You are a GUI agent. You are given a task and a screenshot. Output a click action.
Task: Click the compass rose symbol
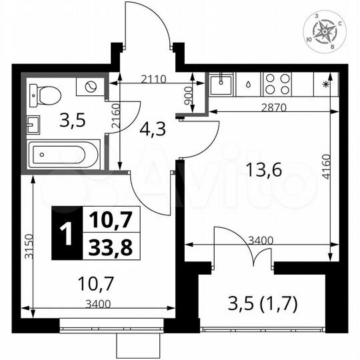(324, 31)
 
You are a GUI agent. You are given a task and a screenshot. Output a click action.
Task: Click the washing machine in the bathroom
(90, 86)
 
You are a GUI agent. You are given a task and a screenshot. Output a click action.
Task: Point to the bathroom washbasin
(33, 123)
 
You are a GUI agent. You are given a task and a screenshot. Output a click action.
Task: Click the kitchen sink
(221, 85)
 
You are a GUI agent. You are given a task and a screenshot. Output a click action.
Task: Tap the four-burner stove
(277, 84)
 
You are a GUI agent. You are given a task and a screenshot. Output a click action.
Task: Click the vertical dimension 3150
(26, 247)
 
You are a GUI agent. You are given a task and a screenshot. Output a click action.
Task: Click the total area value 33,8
(107, 248)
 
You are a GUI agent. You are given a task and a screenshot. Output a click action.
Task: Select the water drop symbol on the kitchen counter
(248, 85)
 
